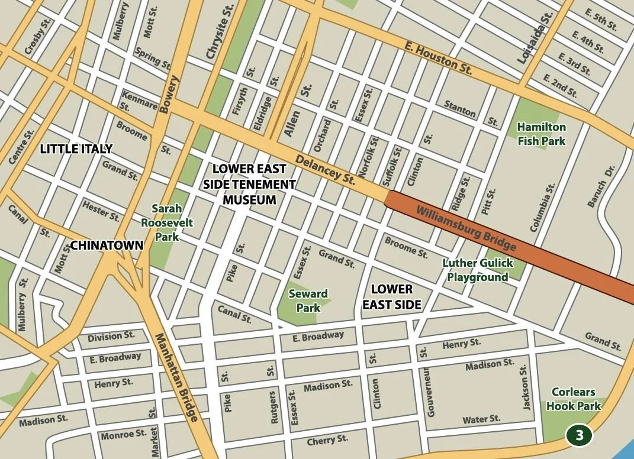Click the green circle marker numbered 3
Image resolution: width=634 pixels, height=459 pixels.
pyautogui.click(x=579, y=435)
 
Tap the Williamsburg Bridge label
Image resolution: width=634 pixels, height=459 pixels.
pyautogui.click(x=466, y=228)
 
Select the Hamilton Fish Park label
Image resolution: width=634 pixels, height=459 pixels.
pyautogui.click(x=541, y=134)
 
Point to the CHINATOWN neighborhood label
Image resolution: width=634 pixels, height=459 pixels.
pyautogui.click(x=107, y=245)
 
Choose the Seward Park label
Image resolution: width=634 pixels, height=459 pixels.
pyautogui.click(x=308, y=300)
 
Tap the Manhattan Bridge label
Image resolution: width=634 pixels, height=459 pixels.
pyautogui.click(x=176, y=377)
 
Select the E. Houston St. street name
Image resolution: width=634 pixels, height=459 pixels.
pyautogui.click(x=438, y=57)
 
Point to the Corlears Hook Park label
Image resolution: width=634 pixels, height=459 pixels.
pyautogui.click(x=573, y=399)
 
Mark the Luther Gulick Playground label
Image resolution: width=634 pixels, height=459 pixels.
pyautogui.click(x=478, y=270)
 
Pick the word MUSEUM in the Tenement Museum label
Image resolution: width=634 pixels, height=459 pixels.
pyautogui.click(x=249, y=200)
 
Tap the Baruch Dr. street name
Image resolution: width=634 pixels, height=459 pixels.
pyautogui.click(x=601, y=186)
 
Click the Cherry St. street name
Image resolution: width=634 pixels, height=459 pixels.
pyautogui.click(x=327, y=441)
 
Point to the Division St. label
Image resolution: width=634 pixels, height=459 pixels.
pyautogui.click(x=111, y=337)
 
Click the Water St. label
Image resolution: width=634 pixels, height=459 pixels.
pyautogui.click(x=481, y=419)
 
